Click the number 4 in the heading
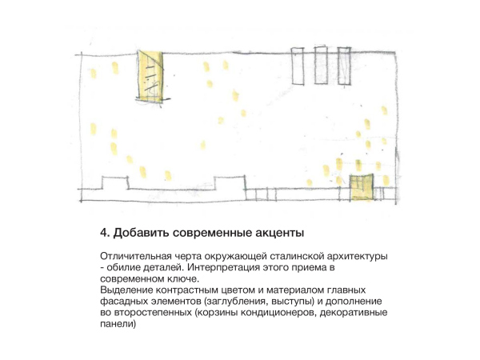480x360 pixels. [104, 233]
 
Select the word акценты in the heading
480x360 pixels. [279, 234]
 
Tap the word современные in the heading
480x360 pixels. [212, 234]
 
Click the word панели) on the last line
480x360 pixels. [118, 324]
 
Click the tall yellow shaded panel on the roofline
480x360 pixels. [150, 76]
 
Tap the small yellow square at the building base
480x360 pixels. [362, 187]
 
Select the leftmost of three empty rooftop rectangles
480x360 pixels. [298, 66]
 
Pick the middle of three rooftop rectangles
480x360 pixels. [321, 65]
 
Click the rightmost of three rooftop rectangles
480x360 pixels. [344, 66]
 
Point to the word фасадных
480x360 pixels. [124, 302]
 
